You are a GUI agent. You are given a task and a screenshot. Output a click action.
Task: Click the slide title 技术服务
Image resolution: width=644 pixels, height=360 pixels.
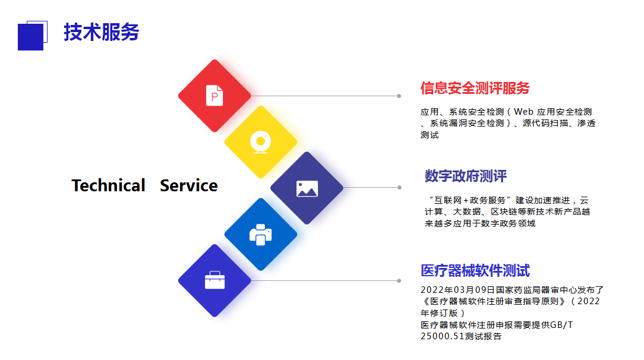pos(102,32)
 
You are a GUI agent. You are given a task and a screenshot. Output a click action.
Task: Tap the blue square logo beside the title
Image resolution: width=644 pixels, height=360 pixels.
pos(32,36)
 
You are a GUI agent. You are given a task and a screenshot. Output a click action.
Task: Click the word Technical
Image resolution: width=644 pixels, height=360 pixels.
pos(109,185)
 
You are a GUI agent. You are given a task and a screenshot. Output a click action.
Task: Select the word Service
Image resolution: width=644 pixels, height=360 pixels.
pos(189,185)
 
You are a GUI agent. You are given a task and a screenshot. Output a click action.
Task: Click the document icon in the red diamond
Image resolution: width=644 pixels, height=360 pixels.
pos(214,96)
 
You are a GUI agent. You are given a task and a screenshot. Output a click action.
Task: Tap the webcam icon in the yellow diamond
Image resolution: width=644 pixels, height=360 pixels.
pos(261,142)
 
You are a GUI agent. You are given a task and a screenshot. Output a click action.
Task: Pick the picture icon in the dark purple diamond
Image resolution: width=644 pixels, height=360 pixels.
pos(307,189)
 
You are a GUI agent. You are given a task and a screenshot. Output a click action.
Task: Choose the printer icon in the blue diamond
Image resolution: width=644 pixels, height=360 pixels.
pos(261,235)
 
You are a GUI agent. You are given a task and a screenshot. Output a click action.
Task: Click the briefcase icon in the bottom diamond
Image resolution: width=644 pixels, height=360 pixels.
pos(215,280)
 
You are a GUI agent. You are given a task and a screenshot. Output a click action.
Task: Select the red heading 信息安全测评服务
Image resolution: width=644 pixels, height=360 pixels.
pos(475,89)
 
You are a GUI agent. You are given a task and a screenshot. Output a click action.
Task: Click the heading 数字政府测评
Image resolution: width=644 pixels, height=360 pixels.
pos(466,176)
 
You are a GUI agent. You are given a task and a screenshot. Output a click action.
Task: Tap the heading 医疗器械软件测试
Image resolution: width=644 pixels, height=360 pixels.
pos(475,271)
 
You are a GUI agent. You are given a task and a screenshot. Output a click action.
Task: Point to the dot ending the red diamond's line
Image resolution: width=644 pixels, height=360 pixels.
pos(399,96)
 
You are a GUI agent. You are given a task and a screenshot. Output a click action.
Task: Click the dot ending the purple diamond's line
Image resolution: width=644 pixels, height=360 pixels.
pos(399,188)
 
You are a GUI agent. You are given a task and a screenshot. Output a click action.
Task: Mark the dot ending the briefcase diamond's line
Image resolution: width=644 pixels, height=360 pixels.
pos(399,281)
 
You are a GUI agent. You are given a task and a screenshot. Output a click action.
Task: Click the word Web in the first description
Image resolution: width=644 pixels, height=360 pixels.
pos(523,112)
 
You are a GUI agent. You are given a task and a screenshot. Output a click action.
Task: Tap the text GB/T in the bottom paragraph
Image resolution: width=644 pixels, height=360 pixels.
pos(561,325)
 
